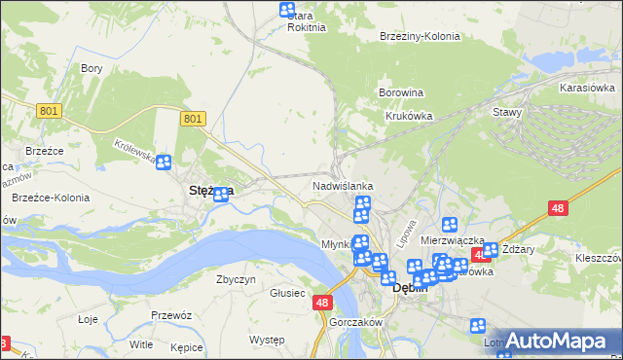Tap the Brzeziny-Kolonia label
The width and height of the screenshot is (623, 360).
[420, 36]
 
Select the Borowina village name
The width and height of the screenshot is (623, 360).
[401, 92]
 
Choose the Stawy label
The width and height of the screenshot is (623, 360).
[508, 112]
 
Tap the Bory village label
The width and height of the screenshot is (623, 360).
[92, 68]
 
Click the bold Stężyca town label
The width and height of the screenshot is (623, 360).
[208, 192]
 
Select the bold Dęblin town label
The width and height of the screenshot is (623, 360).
[410, 288]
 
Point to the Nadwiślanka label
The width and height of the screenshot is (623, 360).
[343, 185]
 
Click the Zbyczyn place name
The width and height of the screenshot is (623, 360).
[236, 279]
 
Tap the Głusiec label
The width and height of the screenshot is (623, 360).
[287, 292]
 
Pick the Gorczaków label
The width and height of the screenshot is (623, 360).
[353, 321]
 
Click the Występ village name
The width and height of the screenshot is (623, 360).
[266, 340]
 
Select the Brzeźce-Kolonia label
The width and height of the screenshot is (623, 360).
[51, 198]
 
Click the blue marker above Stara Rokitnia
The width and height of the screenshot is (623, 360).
[287, 10]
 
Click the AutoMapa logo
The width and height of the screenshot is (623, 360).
[559, 341]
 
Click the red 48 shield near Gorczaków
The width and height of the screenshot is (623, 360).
[324, 304]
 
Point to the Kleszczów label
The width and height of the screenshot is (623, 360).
[598, 259]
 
